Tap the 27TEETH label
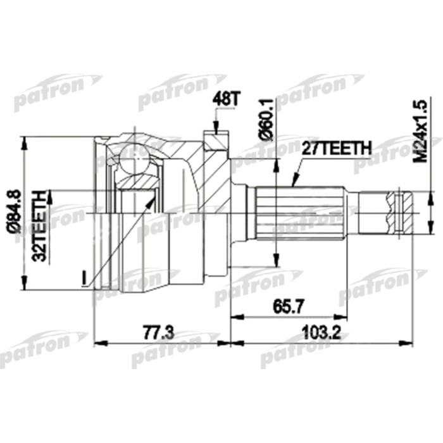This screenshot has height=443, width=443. click(335, 148)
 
